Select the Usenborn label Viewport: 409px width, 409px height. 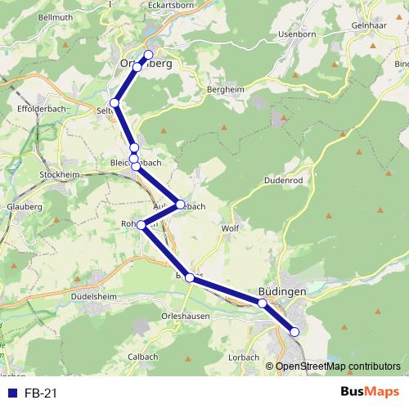coord(273,34)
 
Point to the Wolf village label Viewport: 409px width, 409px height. coord(230,228)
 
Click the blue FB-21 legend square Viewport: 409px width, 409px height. coord(12,393)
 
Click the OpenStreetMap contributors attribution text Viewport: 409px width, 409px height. coord(338,366)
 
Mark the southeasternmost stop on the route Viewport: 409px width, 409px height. coord(294,331)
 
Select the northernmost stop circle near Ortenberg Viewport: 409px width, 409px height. coord(148,55)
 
